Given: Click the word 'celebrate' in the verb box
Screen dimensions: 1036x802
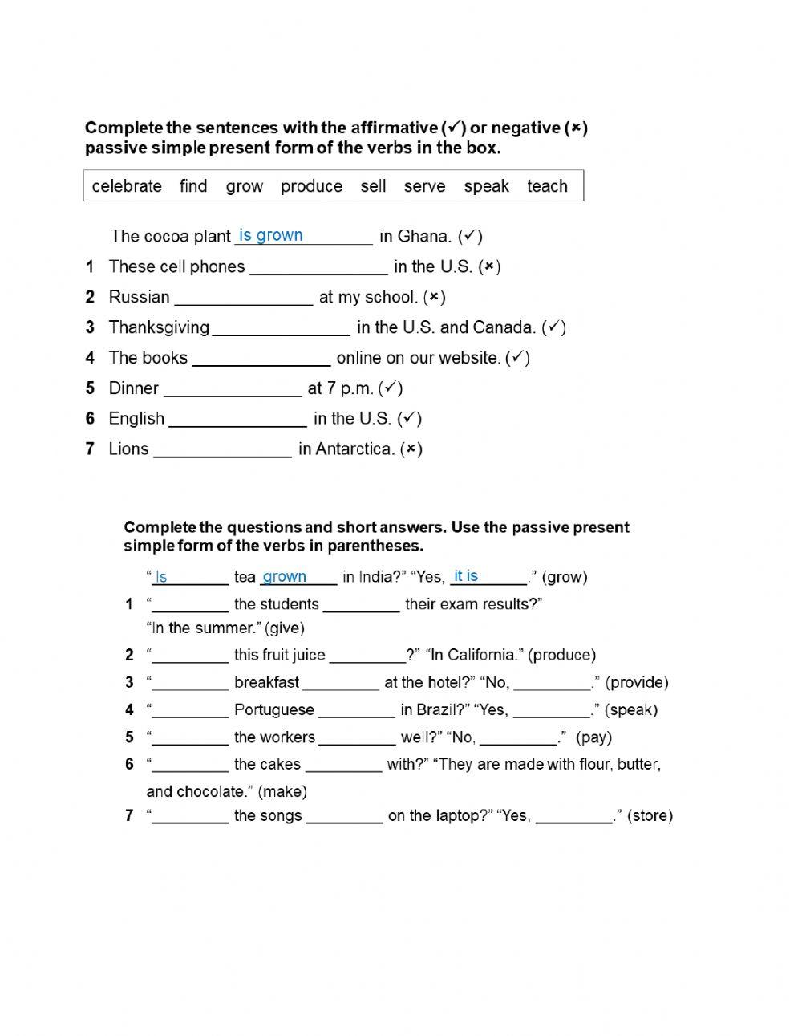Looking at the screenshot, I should click(127, 186).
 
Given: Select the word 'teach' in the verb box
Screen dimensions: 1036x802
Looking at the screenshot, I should click(547, 186).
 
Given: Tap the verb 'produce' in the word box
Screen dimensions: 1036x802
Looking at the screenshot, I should click(311, 186).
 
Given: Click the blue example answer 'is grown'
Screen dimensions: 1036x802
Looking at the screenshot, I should click(271, 235).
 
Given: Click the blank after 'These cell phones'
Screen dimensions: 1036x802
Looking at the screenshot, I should click(318, 268).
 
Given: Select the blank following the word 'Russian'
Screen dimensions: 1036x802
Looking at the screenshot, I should click(244, 299).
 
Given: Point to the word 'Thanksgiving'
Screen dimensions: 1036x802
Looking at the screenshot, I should click(159, 327).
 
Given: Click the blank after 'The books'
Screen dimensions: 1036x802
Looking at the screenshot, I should click(261, 360).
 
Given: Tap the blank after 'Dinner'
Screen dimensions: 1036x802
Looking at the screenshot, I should click(232, 390).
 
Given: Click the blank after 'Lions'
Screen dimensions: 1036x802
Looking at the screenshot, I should click(222, 451).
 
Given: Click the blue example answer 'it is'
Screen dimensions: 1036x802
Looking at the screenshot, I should click(465, 576).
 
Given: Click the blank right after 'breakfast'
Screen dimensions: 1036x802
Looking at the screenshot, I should click(341, 684).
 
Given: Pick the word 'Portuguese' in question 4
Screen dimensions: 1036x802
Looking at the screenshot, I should click(273, 710).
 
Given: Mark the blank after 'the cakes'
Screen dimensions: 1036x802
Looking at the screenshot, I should click(343, 766).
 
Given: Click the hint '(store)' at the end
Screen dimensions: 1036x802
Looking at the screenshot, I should click(650, 816).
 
